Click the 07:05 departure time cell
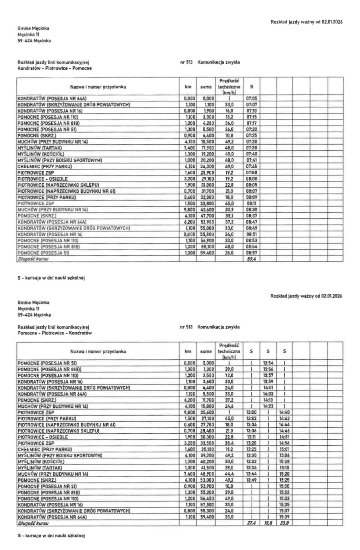(x=251, y=98)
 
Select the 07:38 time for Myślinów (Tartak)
(x=251, y=147)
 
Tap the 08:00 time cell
(x=251, y=179)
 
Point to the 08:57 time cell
(x=251, y=253)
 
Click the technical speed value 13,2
(x=229, y=117)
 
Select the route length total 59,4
(x=251, y=259)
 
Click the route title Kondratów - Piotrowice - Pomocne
(x=54, y=68)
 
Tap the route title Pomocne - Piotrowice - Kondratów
(x=54, y=333)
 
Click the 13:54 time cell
(x=268, y=363)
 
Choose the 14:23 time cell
(x=268, y=406)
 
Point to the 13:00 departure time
(x=251, y=412)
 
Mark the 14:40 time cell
(x=284, y=412)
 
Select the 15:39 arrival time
(x=284, y=517)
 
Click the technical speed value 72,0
(x=229, y=375)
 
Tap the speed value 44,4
(x=229, y=474)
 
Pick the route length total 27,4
(x=251, y=523)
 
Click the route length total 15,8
(x=268, y=523)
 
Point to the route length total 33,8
(x=284, y=523)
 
